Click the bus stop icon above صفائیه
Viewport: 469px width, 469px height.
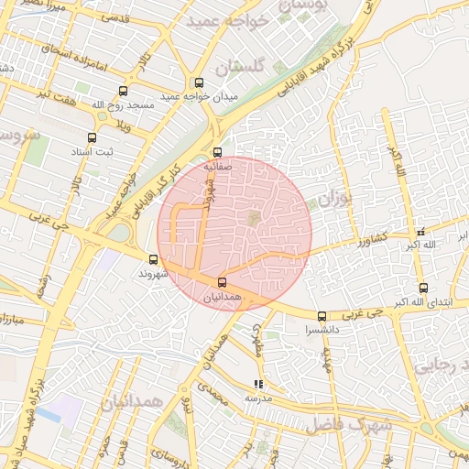217,153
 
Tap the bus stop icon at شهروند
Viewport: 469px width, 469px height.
153,259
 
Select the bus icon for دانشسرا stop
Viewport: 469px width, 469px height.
321,316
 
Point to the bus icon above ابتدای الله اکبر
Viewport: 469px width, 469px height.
422,288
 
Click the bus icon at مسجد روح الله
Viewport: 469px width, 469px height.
123,91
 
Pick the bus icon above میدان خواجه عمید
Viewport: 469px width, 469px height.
199,83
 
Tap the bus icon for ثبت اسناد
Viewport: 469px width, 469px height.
92,137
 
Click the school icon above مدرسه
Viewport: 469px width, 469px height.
259,385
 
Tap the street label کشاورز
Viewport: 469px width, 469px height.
374,240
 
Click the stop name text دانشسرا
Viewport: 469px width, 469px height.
322,329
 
